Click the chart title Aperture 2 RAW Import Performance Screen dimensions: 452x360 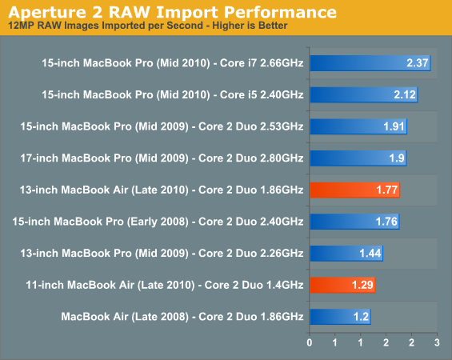[x=172, y=12]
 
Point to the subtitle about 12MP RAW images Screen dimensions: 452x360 [x=147, y=26]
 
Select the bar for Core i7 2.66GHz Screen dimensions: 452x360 [x=370, y=63]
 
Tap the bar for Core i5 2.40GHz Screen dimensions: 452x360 [x=364, y=95]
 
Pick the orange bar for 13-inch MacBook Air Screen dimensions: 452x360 [x=355, y=190]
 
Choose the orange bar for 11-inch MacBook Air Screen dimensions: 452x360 [x=342, y=285]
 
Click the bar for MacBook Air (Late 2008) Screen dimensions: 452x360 [x=340, y=317]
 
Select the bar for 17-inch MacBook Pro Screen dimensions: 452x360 [x=358, y=158]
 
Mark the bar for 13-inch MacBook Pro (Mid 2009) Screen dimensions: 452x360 [x=346, y=254]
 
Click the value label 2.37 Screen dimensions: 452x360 [x=418, y=63]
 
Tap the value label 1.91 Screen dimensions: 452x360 [x=394, y=126]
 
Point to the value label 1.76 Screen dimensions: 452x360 [x=386, y=222]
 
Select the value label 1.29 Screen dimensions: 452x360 [x=362, y=285]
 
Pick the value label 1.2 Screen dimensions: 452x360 [x=361, y=317]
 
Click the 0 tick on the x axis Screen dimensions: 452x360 [x=310, y=342]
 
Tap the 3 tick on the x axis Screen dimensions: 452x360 [x=437, y=342]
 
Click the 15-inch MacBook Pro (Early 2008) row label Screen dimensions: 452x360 [x=158, y=222]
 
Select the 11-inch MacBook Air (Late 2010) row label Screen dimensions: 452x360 [x=165, y=285]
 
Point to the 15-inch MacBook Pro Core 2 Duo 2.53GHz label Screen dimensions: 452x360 [x=162, y=126]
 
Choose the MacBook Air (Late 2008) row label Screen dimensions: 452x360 [x=182, y=317]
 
